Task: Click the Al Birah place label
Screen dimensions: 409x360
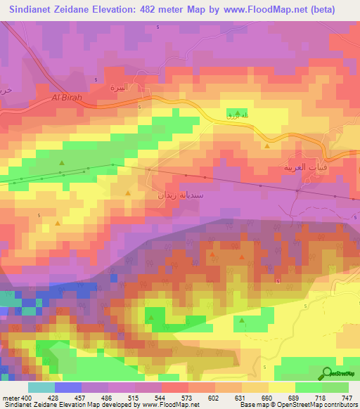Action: pyautogui.click(x=68, y=98)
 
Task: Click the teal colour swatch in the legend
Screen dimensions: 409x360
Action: pyautogui.click(x=41, y=387)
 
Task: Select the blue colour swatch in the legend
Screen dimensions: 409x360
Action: pyautogui.click(x=68, y=387)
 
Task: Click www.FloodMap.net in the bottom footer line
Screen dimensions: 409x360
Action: pyautogui.click(x=169, y=405)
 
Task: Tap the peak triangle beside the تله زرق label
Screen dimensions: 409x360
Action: pyautogui.click(x=238, y=114)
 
